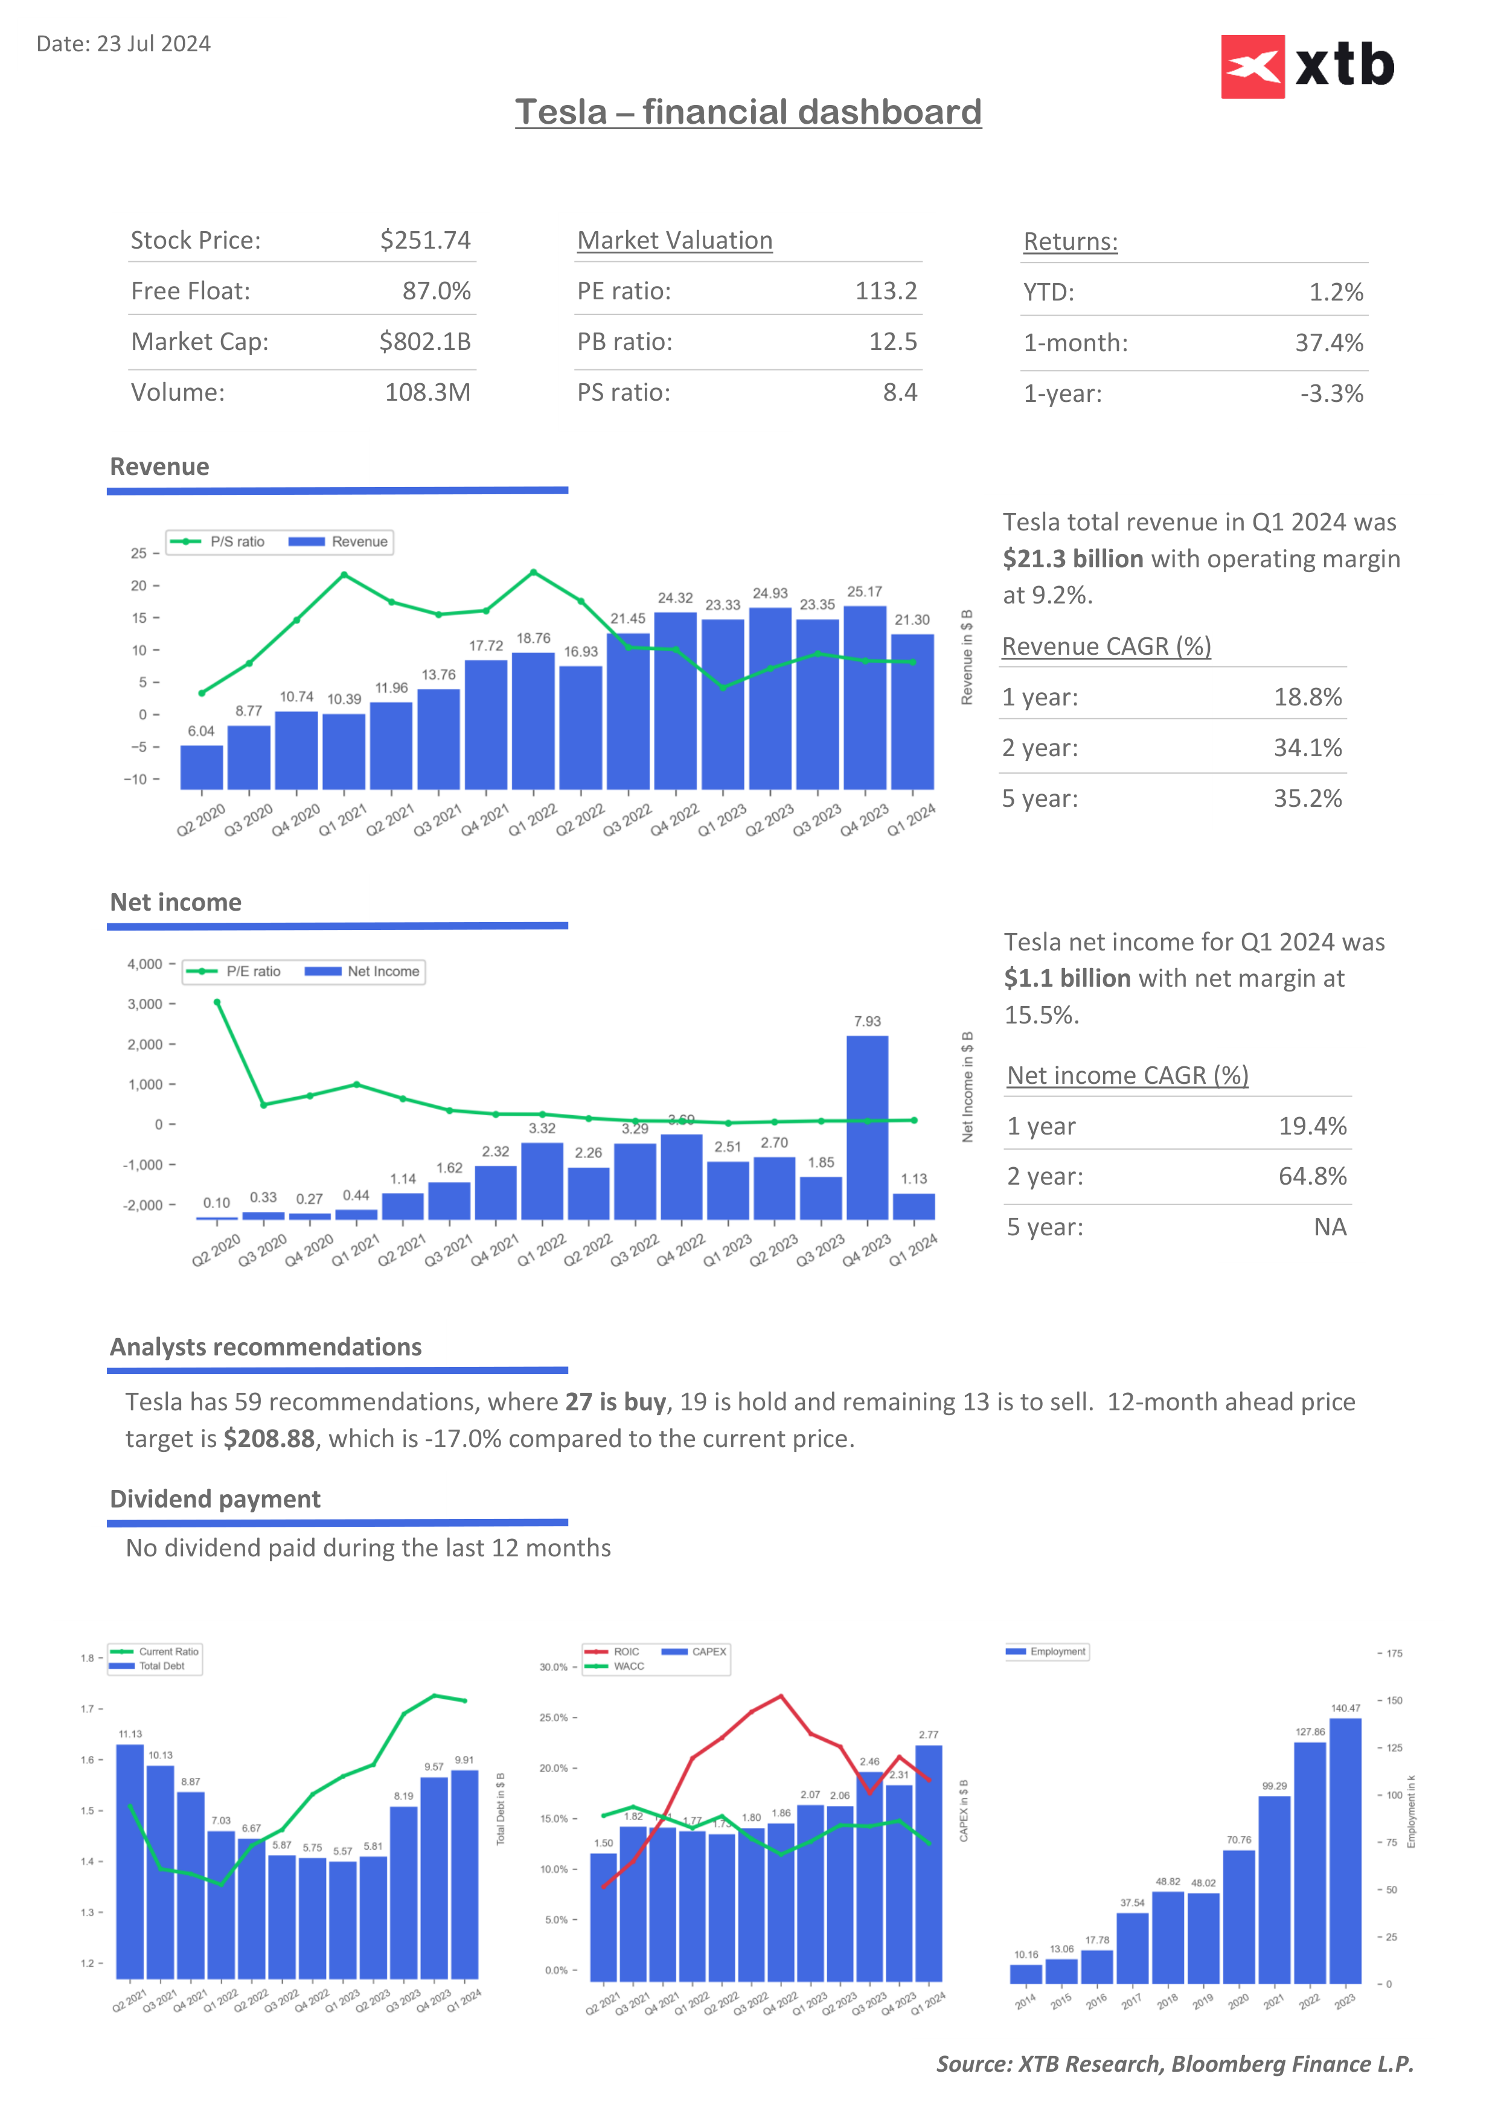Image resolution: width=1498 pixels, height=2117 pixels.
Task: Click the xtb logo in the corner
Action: click(x=1307, y=66)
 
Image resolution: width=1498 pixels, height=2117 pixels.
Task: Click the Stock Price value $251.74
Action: click(x=425, y=241)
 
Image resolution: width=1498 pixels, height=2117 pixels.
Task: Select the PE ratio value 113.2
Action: click(x=886, y=291)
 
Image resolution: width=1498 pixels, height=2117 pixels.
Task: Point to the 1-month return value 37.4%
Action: click(x=1328, y=343)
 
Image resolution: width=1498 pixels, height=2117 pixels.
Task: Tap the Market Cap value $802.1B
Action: click(x=425, y=342)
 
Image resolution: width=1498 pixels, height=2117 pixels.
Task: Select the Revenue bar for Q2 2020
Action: click(x=201, y=767)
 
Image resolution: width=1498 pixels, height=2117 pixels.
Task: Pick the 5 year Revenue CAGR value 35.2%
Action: click(x=1307, y=798)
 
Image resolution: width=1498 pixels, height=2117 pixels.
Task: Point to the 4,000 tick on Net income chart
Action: click(x=145, y=964)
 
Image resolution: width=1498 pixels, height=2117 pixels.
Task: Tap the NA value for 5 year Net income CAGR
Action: click(x=1329, y=1227)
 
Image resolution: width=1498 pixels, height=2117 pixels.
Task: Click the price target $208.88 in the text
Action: click(x=269, y=1439)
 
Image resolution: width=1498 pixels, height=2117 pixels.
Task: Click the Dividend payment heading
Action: click(x=215, y=1499)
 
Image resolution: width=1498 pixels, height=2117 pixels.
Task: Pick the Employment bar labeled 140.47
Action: click(x=1345, y=1850)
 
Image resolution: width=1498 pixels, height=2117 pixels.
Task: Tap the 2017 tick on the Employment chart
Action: click(x=1131, y=2002)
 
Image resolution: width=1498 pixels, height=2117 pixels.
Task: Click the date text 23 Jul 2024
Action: click(x=153, y=44)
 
